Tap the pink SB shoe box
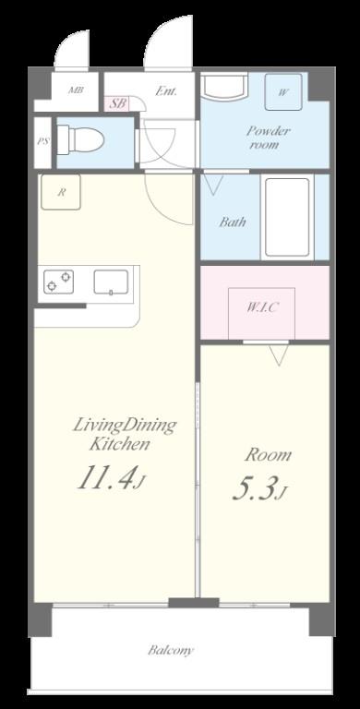[x=117, y=104]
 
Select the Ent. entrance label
[x=166, y=91]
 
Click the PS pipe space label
[x=43, y=142]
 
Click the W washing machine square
[x=282, y=92]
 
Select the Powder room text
[x=267, y=138]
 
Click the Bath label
[x=233, y=222]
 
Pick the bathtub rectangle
[x=286, y=217]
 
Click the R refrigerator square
[x=61, y=193]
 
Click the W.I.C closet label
[x=262, y=307]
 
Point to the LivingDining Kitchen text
[x=124, y=435]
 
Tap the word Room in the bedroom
[x=267, y=454]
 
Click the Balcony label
[x=172, y=650]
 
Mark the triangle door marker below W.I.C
[x=277, y=354]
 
